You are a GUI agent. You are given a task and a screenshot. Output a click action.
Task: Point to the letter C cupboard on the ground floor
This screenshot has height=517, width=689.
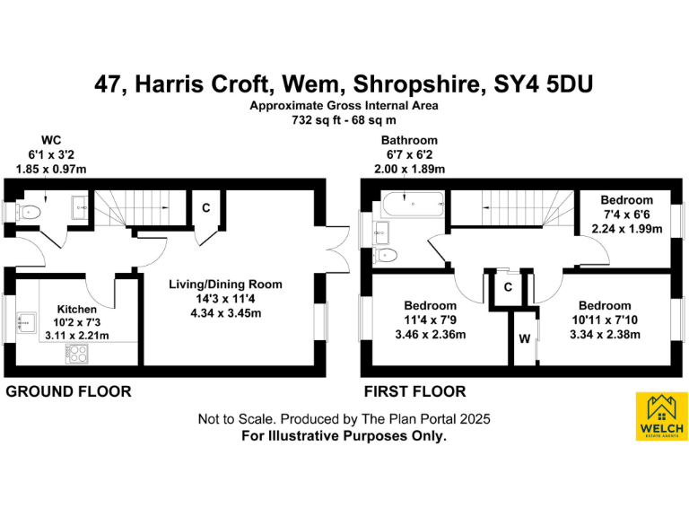coord(205,208)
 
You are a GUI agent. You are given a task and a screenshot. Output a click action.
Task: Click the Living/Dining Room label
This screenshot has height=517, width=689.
coord(226,285)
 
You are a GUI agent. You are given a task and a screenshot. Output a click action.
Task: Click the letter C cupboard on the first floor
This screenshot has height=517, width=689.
coord(507,287)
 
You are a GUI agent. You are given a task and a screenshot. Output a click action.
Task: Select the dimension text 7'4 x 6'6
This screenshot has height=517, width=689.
coord(627,215)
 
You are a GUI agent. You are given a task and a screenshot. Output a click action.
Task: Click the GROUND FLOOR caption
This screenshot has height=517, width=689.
coord(68,391)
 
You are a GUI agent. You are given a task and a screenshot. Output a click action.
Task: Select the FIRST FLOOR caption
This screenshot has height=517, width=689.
coord(414,391)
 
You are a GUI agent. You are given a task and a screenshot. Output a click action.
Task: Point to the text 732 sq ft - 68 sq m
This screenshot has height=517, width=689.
coord(344,119)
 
